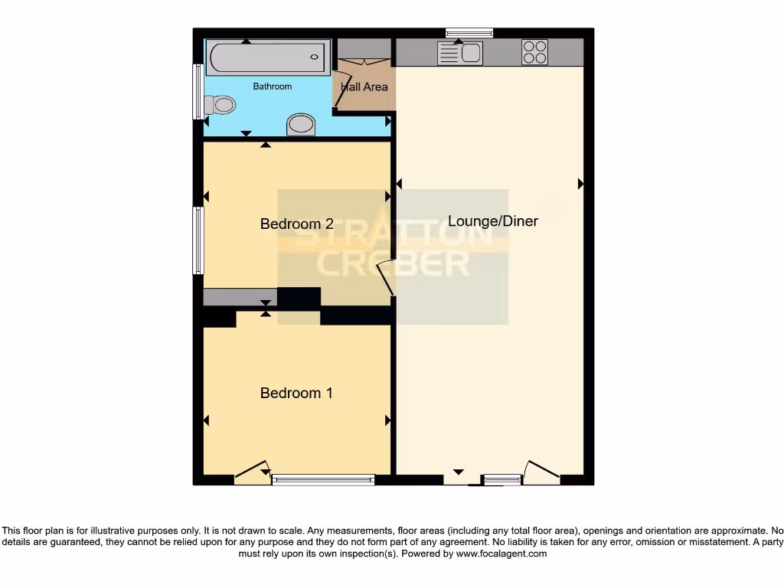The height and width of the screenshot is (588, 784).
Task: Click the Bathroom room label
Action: pos(273,87)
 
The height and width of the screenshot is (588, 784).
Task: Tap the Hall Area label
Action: pos(364,87)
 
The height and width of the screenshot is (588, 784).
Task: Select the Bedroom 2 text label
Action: pos(296,224)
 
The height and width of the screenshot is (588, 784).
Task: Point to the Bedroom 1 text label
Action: pos(296,393)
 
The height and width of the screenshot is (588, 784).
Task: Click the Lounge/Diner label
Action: pos(492,221)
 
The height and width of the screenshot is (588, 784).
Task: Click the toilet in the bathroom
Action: pos(220,105)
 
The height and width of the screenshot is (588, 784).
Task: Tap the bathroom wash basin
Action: pos(300,125)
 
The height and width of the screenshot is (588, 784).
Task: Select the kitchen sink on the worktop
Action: pos(460,53)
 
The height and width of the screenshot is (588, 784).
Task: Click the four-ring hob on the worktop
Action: pos(534,52)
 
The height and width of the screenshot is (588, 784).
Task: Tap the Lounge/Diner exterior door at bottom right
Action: pos(541,472)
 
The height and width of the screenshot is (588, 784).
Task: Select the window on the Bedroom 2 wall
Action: pos(198,240)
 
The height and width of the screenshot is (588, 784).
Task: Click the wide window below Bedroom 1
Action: pos(323,480)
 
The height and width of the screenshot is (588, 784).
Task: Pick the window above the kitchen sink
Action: pos(469,32)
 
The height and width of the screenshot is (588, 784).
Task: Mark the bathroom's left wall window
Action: pos(198,91)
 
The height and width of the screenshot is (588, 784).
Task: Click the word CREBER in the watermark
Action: pos(394,263)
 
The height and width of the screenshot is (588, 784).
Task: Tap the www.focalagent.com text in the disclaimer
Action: pos(501,554)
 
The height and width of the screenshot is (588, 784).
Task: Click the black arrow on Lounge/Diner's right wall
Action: pos(580,184)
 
